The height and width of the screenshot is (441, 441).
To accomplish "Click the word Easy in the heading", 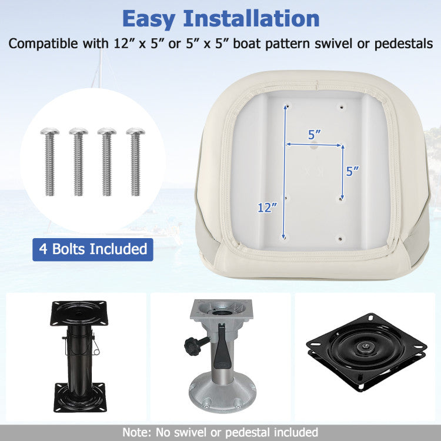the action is [x=148, y=19].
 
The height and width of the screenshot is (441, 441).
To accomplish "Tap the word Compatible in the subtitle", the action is [x=43, y=44].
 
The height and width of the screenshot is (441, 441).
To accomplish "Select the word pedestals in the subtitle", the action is [x=403, y=44].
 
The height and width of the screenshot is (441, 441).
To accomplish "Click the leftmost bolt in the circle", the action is [x=50, y=162].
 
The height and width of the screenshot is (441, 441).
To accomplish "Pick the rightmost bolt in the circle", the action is [x=136, y=162].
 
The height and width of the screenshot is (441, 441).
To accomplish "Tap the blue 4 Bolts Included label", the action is [x=93, y=249].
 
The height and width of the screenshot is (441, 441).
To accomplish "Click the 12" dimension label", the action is [x=267, y=208].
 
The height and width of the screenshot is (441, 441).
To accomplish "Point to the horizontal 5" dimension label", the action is [x=315, y=135].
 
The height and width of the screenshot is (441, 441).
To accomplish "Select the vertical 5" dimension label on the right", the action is [x=353, y=171].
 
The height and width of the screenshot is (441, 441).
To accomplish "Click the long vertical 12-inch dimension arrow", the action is [x=285, y=172].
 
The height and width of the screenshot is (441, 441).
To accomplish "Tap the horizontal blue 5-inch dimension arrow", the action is [x=313, y=145].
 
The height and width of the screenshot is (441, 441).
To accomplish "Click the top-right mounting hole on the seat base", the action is [x=342, y=107].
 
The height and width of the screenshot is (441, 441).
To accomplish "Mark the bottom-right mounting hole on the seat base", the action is [x=340, y=239].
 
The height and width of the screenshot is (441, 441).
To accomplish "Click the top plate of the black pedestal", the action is [x=79, y=313].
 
